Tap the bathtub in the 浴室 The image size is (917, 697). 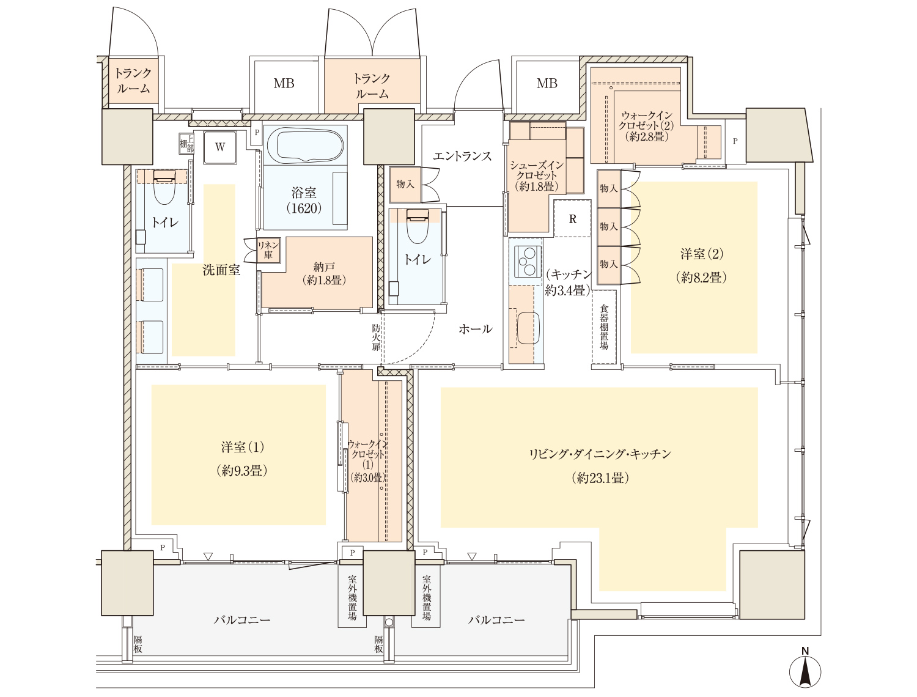point(304,146)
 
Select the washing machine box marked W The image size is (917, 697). point(220,147)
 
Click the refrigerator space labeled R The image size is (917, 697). point(572,218)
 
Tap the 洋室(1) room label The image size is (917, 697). point(242,459)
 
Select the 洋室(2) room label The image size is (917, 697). point(701,265)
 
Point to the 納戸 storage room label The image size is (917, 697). point(324,273)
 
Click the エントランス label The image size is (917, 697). point(462,157)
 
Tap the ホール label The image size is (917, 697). point(476,329)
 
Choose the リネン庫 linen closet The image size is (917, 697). point(268,249)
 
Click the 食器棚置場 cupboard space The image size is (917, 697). point(604,327)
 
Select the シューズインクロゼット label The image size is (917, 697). point(537,175)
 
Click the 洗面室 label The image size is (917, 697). point(221,270)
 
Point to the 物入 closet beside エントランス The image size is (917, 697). point(405,184)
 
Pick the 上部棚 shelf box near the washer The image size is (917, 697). point(186,144)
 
